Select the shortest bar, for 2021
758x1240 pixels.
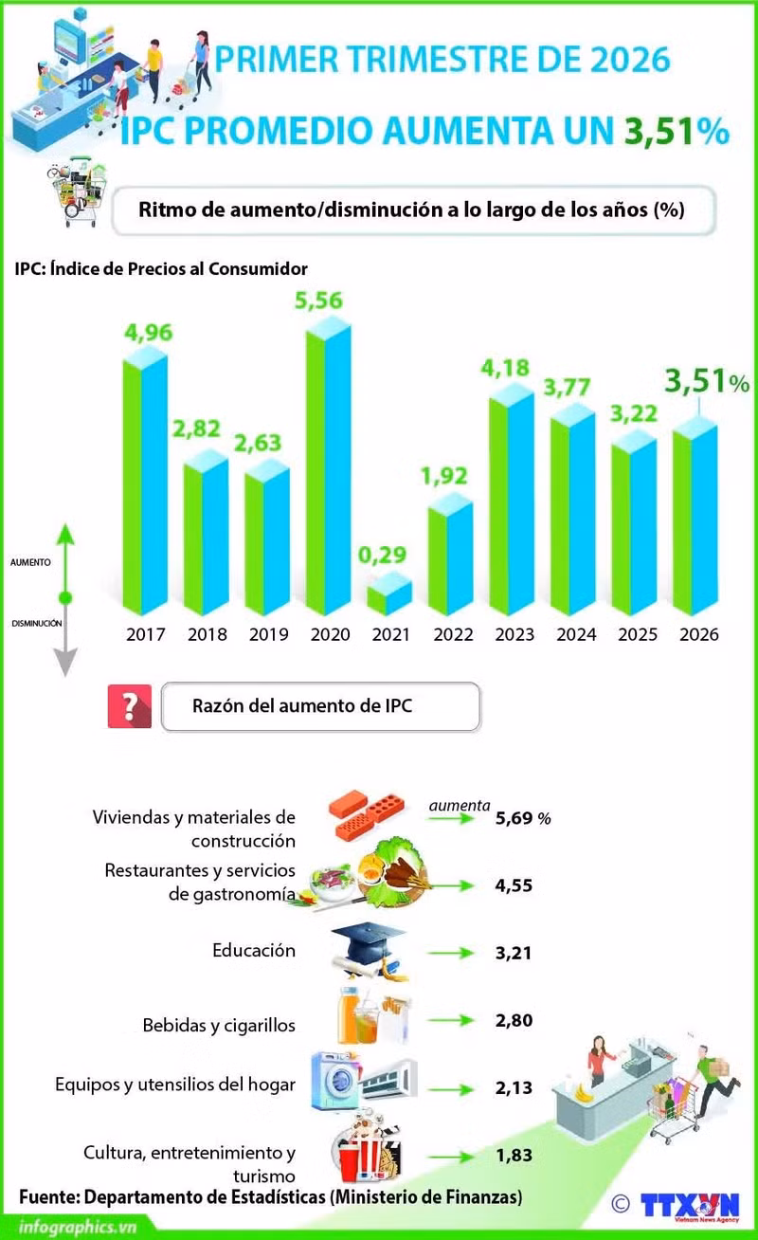tap(389, 593)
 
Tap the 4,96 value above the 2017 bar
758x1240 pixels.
tap(147, 333)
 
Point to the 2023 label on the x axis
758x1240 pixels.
tap(514, 634)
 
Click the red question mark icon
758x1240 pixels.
tap(130, 707)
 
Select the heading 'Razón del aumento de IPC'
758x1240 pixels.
tap(302, 706)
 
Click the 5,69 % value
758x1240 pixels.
tap(522, 817)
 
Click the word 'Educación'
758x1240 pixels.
tap(254, 950)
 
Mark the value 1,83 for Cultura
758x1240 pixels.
tap(514, 1156)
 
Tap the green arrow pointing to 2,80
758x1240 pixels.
tap(449, 1020)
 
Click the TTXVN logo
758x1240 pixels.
tap(689, 1206)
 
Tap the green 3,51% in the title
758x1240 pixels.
tap(676, 132)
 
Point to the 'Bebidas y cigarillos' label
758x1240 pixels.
tap(219, 1025)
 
